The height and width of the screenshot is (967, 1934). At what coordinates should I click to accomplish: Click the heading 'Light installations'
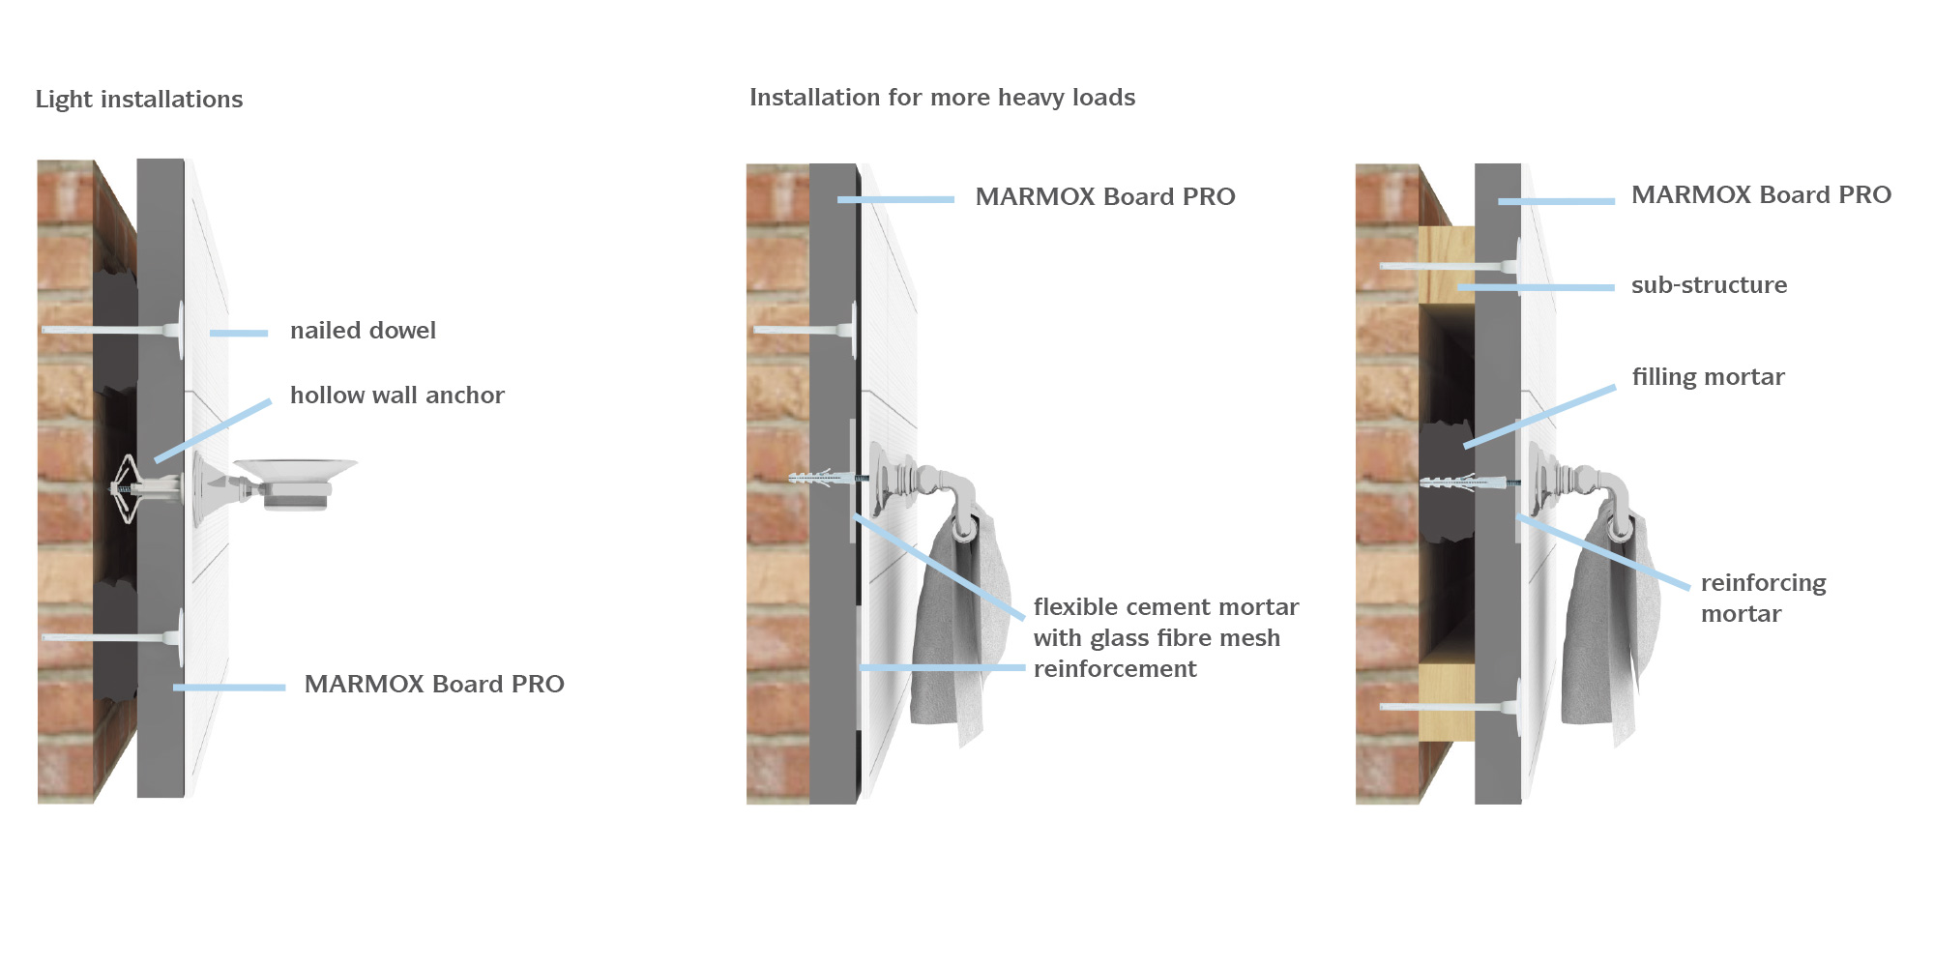139,100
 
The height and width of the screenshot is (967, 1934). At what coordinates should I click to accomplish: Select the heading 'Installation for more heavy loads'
942,98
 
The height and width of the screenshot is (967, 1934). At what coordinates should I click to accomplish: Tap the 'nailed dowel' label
363,331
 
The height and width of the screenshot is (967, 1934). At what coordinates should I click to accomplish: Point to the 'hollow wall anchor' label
396,396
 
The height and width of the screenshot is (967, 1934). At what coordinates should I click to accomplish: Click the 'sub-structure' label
1709,285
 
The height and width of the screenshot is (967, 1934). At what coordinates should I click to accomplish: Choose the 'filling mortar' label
1708,377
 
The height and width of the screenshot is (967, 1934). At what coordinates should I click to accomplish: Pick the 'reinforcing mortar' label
1762,599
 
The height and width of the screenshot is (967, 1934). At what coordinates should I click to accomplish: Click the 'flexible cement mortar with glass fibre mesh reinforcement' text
1164,638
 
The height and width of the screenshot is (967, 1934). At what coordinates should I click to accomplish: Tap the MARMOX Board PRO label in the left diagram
433,685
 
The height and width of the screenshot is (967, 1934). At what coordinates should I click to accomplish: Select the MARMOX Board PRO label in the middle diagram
1104,197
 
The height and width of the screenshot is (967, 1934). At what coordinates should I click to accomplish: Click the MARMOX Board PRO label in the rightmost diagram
1760,195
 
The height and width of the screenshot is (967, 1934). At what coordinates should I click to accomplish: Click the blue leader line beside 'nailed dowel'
239,334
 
